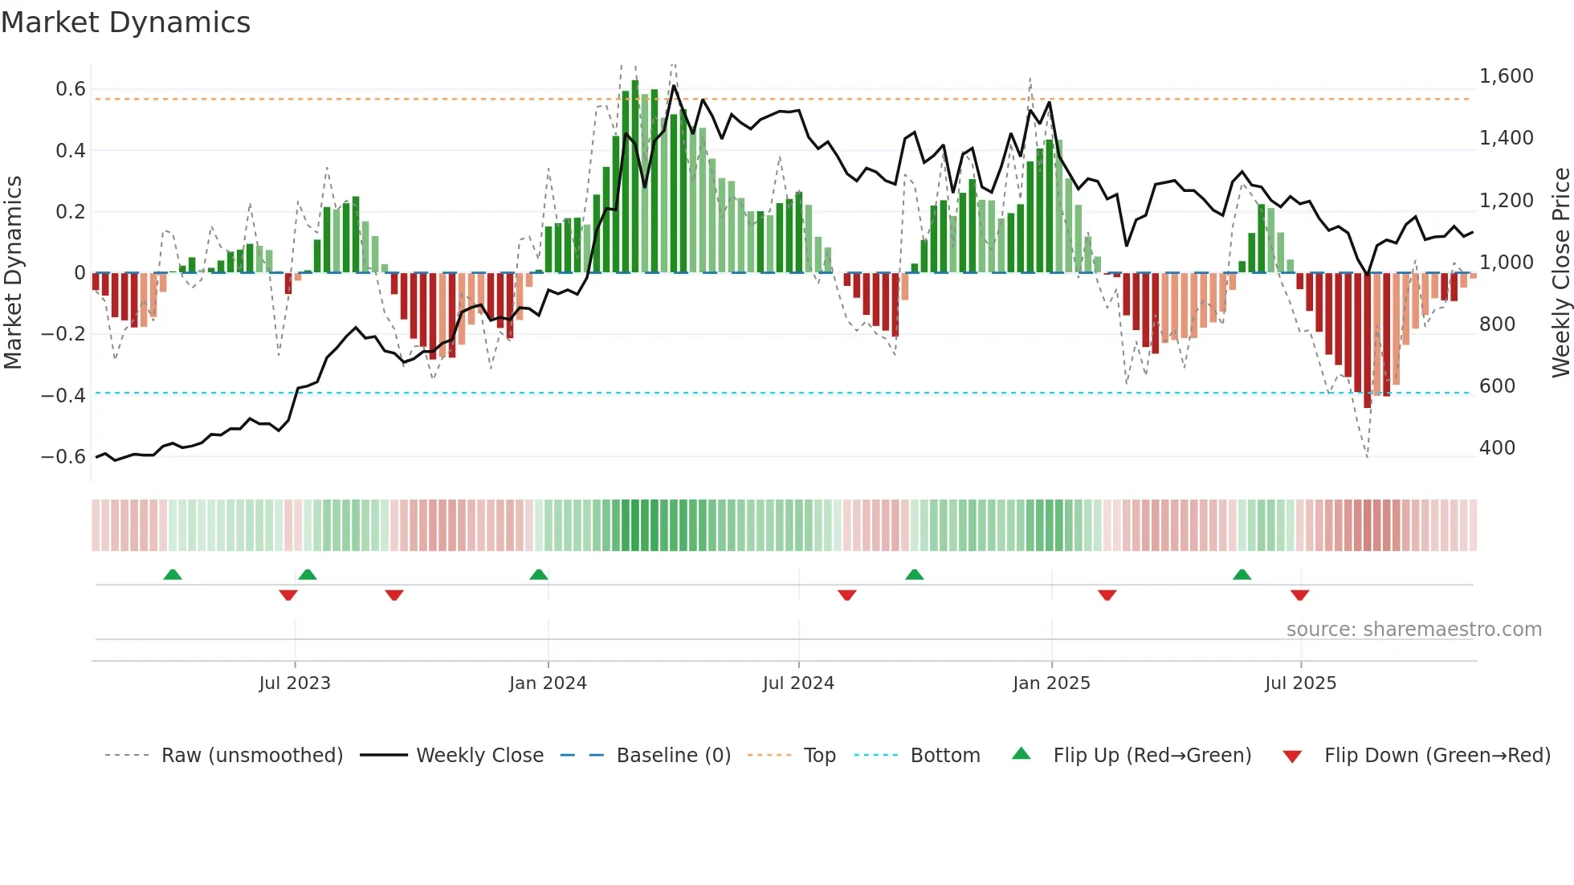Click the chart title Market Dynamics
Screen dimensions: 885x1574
[125, 22]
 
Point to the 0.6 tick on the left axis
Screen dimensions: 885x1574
[70, 89]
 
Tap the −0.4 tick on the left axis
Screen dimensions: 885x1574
[63, 395]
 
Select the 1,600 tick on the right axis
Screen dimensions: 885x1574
[1506, 76]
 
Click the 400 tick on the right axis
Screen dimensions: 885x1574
[1497, 448]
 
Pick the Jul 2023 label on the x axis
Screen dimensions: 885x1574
[295, 683]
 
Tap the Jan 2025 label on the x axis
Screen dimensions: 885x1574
[1051, 683]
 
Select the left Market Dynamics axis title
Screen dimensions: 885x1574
[13, 273]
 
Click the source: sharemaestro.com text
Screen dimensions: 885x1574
[1413, 630]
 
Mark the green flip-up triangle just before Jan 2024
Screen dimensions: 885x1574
[539, 575]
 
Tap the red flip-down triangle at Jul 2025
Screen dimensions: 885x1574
[1300, 595]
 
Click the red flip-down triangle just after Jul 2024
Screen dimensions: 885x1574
[847, 595]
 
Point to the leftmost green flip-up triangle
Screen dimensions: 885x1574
[173, 575]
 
